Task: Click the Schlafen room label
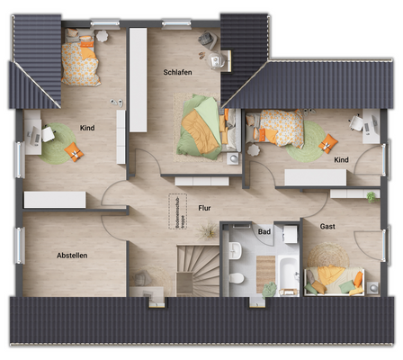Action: click(178, 72)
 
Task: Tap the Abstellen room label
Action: click(72, 255)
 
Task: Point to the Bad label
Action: click(264, 232)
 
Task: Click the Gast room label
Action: click(327, 227)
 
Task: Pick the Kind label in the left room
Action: click(87, 128)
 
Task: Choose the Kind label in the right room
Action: click(341, 159)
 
